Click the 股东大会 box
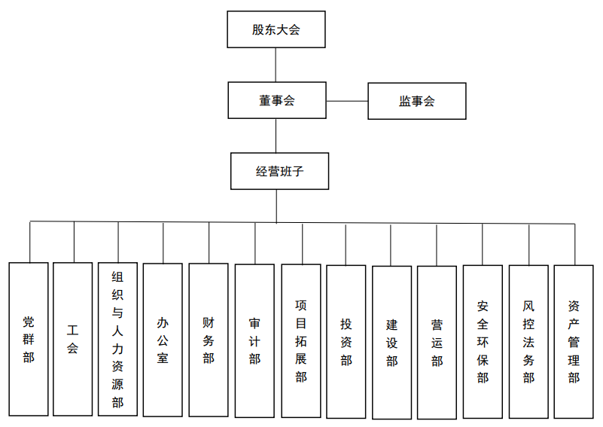pyautogui.click(x=276, y=30)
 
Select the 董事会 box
pyautogui.click(x=276, y=100)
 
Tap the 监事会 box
pyautogui.click(x=416, y=100)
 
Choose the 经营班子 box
pyautogui.click(x=279, y=171)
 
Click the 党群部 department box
pyautogui.click(x=29, y=339)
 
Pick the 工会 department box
pyautogui.click(x=73, y=339)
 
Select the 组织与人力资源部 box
pyautogui.click(x=117, y=339)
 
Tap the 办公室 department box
pyautogui.click(x=163, y=340)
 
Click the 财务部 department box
pyautogui.click(x=209, y=340)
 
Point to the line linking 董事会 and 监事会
pyautogui.click(x=347, y=100)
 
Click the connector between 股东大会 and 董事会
pyautogui.click(x=276, y=66)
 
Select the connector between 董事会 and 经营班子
pyautogui.click(x=276, y=136)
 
